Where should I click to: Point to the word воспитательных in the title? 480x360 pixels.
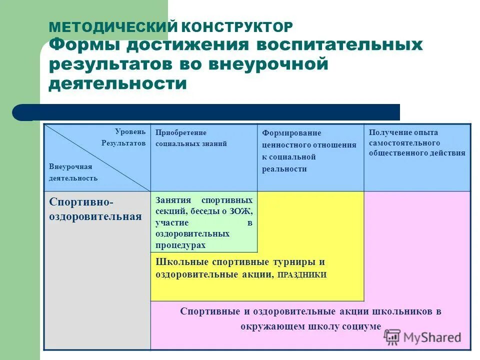(339, 45)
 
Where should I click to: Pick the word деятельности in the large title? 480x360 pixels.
(117, 83)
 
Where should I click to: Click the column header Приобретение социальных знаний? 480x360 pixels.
(191, 138)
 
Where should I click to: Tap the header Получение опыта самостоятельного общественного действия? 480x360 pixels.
(416, 142)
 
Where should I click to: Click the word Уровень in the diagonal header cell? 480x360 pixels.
(130, 131)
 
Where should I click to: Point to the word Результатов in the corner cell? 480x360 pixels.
(123, 143)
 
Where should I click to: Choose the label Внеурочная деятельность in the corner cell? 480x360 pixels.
(73, 172)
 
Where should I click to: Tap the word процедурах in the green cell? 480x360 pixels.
(180, 245)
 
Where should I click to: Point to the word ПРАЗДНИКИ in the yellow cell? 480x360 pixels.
(302, 275)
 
